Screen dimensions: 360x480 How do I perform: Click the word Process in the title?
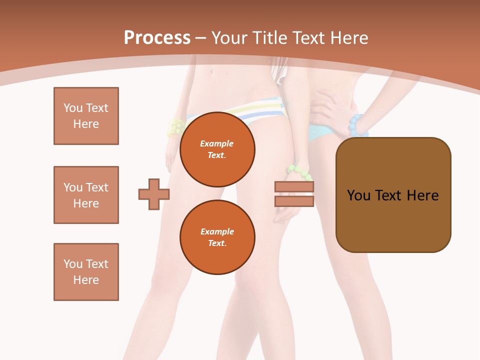tap(157, 38)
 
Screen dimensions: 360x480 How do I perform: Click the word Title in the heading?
tap(270, 38)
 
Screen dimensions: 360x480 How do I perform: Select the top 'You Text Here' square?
tap(86, 116)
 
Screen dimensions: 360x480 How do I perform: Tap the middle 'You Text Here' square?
tap(86, 195)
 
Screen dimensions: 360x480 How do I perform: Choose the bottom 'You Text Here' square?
tap(86, 272)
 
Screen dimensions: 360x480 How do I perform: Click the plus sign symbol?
tap(154, 194)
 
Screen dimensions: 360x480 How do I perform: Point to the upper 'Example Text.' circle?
tap(217, 149)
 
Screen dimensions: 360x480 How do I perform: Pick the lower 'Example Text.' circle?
tap(217, 237)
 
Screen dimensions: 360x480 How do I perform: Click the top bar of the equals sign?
tap(294, 187)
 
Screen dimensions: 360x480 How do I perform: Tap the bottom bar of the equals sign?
tap(294, 201)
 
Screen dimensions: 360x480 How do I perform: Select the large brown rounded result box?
tap(393, 195)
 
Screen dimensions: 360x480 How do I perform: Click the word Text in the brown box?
tap(388, 195)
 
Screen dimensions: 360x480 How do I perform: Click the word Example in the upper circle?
tap(217, 143)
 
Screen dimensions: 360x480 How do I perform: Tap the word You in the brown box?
tap(358, 195)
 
